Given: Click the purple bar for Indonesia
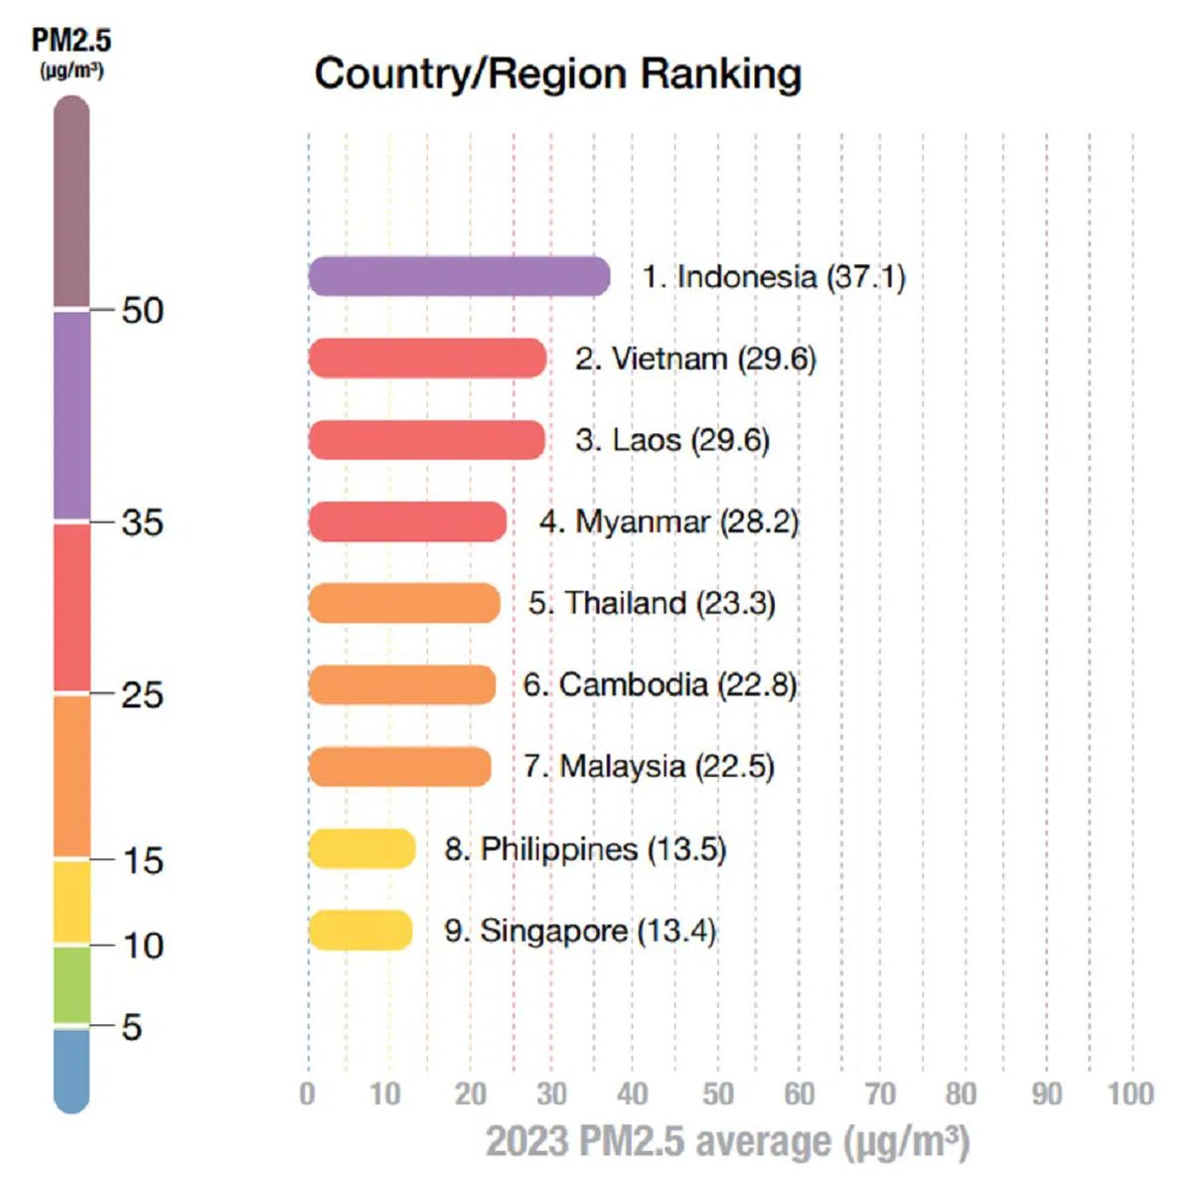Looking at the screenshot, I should pos(459,276).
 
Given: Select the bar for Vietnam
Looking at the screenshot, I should pos(427,359).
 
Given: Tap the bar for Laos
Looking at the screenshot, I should pos(427,440).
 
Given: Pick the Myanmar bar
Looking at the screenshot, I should pos(407,521).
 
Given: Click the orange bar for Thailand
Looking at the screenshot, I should pos(404,603).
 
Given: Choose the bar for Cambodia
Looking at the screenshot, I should pos(402,684).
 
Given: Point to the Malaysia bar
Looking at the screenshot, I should pos(399,766).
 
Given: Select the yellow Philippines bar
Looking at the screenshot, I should pos(362,848).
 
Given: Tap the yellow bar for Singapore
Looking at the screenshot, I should pos(361,930).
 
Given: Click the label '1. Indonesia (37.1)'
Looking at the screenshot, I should pos(774,276).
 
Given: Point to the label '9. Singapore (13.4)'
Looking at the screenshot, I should pos(580,931).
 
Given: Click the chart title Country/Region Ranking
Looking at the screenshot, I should pos(557,74).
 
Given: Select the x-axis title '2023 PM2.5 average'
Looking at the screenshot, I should pos(727,1141).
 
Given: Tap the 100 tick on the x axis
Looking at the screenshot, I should pos(1130,1094).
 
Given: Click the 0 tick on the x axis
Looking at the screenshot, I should pos(308,1094).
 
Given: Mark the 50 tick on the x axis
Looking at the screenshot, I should pos(717,1094).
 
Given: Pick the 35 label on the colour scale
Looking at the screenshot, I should pos(142,521).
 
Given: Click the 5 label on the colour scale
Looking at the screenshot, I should pos(131,1026).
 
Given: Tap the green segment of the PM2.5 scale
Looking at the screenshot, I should pos(72,984).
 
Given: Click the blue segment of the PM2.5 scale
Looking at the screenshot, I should pos(72,1069).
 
